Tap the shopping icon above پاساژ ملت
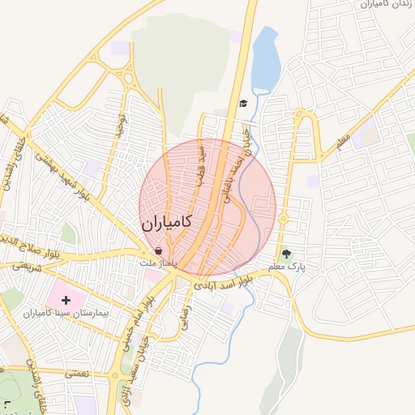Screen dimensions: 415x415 click(157, 251)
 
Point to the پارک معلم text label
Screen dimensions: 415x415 click(289, 267)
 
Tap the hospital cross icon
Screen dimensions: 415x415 click(66, 300)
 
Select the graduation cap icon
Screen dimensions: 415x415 click(243, 104)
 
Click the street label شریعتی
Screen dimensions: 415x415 click(25, 266)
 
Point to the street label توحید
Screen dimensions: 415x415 click(121, 125)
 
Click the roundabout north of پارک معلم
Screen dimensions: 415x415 click(284, 218)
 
